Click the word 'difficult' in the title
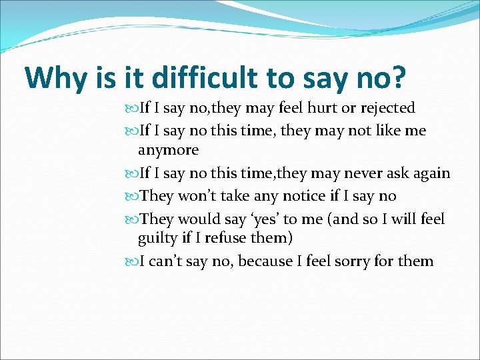tap(205, 78)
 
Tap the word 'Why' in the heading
tap(55, 78)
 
